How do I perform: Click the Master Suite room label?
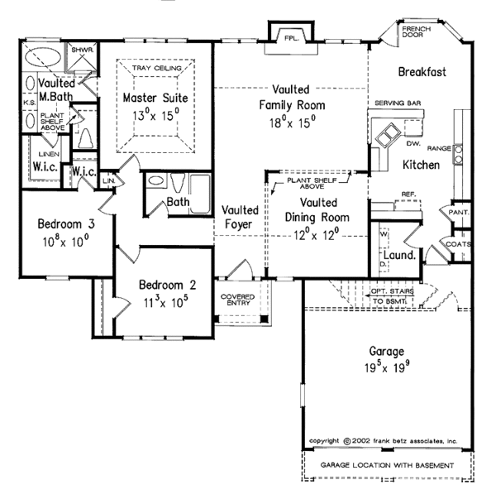[x=156, y=98]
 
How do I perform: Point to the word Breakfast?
[x=422, y=72]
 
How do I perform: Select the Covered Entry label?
[x=237, y=299]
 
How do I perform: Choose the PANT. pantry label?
[x=459, y=213]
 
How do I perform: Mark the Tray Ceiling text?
[x=156, y=67]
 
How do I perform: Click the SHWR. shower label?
[x=82, y=50]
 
